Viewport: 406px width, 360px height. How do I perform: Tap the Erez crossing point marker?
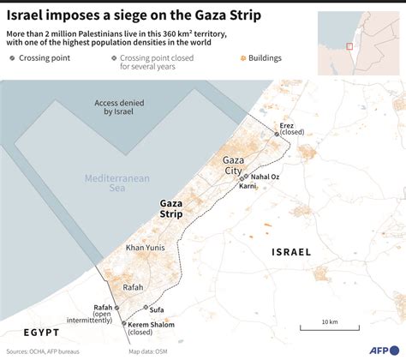coord(276,135)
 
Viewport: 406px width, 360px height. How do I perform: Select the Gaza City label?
coord(234,165)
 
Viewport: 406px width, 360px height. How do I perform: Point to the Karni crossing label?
coord(248,185)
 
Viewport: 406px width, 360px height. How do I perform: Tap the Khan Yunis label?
coord(146,247)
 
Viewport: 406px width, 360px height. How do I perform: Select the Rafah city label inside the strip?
coord(133,288)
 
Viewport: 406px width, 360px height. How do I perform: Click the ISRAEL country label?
coord(290,252)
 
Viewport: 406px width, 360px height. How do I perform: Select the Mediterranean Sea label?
coord(116,183)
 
